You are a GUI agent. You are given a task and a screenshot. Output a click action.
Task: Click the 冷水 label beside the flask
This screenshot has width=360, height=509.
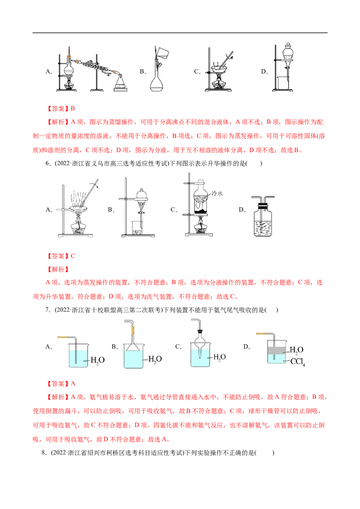(x=217, y=194)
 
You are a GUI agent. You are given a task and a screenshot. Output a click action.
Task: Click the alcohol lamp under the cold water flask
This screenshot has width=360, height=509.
(x=199, y=228)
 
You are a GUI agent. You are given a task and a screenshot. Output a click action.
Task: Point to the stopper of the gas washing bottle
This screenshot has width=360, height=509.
(x=262, y=207)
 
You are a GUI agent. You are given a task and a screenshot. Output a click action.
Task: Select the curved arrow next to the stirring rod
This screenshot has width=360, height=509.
(x=95, y=183)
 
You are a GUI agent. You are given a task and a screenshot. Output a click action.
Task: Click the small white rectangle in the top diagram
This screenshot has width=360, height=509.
(x=120, y=90)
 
